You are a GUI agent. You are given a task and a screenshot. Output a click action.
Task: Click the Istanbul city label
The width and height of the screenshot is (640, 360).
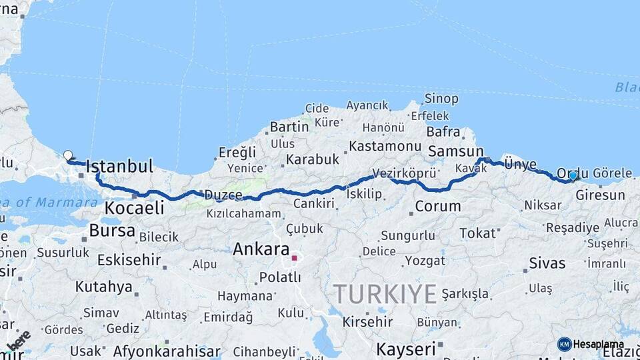pyautogui.click(x=120, y=166)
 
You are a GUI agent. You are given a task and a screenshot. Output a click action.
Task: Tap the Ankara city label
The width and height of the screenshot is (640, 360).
pyautogui.click(x=260, y=250)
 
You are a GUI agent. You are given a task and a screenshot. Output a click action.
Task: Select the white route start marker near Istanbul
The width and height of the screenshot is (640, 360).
pyautogui.click(x=67, y=155)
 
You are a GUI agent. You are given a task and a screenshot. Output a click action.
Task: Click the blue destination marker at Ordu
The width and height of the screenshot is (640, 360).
pyautogui.click(x=573, y=175)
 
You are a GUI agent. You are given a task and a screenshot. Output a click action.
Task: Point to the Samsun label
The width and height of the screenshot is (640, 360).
pyautogui.click(x=456, y=151)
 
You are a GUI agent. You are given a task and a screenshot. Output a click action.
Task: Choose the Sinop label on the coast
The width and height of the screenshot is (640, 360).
pyautogui.click(x=441, y=99)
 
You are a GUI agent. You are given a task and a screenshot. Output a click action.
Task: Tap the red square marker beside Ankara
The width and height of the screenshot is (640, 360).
pyautogui.click(x=294, y=257)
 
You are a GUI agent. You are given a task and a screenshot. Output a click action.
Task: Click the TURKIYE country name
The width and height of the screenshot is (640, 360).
pyautogui.click(x=385, y=293)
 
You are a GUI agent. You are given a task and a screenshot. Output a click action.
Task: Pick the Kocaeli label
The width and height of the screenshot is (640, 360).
pyautogui.click(x=134, y=208)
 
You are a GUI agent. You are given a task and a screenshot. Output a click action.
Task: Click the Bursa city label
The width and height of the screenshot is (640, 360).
pyautogui.click(x=112, y=231)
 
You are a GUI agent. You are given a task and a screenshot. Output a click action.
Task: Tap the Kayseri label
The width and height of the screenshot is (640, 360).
pyautogui.click(x=406, y=349)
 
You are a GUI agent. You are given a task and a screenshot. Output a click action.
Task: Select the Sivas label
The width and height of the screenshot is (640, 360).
pyautogui.click(x=547, y=263)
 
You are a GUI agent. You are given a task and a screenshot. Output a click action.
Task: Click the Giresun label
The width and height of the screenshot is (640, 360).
pyautogui.click(x=600, y=195)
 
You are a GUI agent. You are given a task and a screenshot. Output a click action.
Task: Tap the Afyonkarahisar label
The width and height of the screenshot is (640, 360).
pyautogui.click(x=167, y=351)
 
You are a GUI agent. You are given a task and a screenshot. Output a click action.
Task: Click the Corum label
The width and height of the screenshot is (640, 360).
pyautogui.click(x=438, y=207)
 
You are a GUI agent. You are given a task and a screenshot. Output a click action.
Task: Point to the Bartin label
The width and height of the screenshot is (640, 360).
pyautogui.click(x=289, y=127)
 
